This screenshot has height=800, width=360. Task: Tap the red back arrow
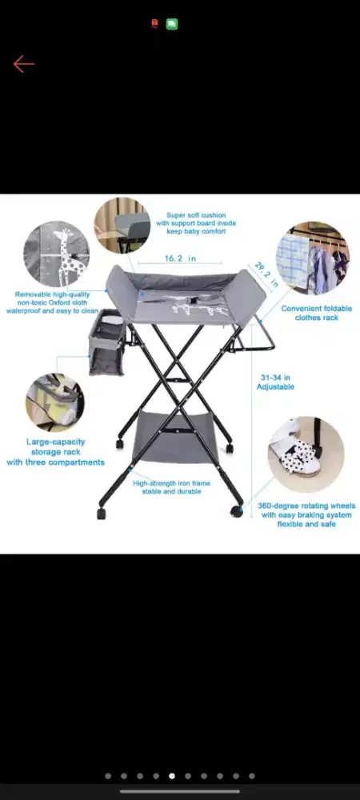(23, 64)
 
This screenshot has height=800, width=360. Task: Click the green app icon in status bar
(172, 24)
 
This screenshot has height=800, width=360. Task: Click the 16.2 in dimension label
(180, 258)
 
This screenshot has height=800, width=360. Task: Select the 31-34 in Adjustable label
(275, 382)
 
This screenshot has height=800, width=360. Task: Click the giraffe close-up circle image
(57, 254)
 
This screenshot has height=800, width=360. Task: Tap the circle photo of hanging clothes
(313, 258)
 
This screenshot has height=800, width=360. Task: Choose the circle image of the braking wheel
(306, 455)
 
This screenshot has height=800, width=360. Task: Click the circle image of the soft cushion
(122, 226)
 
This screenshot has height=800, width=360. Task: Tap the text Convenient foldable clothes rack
(317, 313)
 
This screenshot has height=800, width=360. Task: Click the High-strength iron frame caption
(171, 487)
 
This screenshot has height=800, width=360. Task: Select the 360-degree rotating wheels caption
(306, 514)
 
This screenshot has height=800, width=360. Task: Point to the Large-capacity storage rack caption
(55, 452)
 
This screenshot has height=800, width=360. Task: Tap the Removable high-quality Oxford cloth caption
(52, 302)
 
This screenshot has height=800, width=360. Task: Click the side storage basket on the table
(106, 342)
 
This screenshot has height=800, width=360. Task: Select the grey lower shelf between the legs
(175, 438)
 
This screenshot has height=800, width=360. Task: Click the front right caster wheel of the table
(237, 510)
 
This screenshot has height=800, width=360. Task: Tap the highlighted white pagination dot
(172, 776)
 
